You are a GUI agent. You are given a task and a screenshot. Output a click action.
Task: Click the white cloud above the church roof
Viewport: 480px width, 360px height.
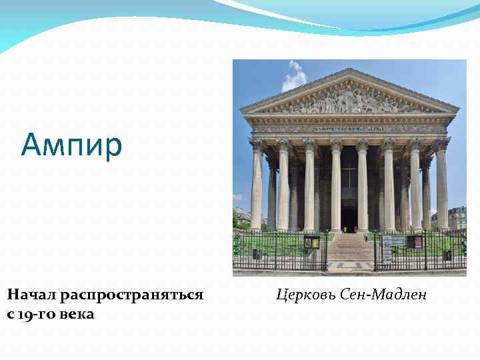pyautogui.click(x=294, y=77)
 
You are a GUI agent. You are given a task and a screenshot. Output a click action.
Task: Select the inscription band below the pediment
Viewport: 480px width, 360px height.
pyautogui.click(x=349, y=127)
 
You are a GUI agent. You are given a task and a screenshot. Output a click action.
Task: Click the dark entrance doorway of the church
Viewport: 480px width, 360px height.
pyautogui.click(x=349, y=217)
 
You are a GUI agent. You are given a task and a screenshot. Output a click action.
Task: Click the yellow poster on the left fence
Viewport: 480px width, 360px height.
pyautogui.click(x=310, y=243)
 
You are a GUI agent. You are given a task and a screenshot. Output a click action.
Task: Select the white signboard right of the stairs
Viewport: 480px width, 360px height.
pyautogui.click(x=393, y=241)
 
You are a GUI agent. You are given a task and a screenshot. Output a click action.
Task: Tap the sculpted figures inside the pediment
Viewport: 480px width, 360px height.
pyautogui.click(x=349, y=100)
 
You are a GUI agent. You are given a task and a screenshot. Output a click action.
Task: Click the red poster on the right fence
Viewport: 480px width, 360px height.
pyautogui.click(x=415, y=241)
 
